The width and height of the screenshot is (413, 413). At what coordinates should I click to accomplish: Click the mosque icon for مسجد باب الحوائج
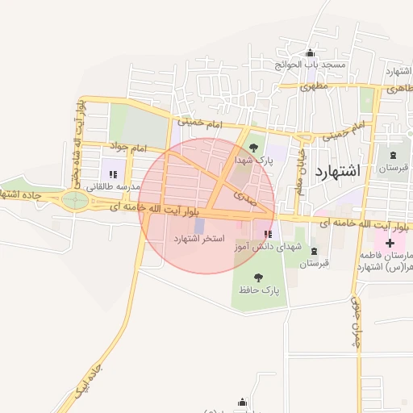pyautogui.click(x=311, y=53)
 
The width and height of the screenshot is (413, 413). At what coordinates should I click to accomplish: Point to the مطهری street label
pyautogui.click(x=314, y=83)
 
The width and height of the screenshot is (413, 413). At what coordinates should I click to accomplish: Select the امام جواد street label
pyautogui.click(x=127, y=148)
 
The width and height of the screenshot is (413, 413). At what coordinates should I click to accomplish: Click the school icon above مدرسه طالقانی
pyautogui.click(x=113, y=174)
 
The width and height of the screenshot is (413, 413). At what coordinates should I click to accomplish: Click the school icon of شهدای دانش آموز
pyautogui.click(x=267, y=234)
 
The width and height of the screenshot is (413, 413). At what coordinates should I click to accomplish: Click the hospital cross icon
pyautogui.click(x=390, y=242)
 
